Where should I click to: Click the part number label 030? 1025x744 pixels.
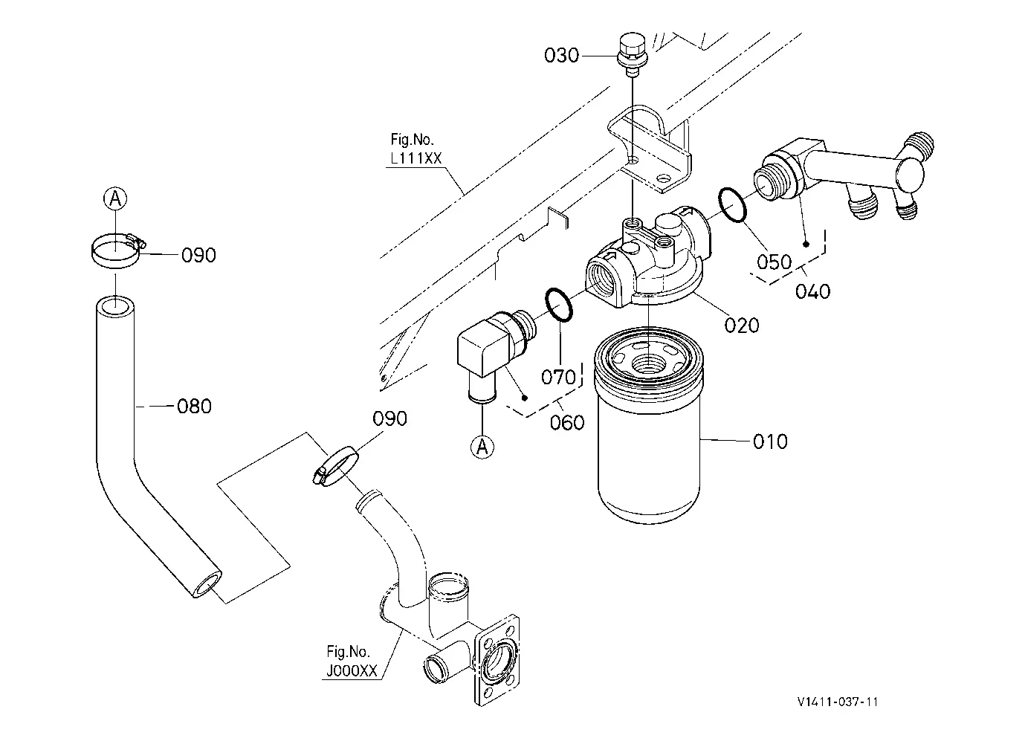click(x=561, y=55)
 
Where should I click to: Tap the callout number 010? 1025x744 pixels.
click(x=770, y=441)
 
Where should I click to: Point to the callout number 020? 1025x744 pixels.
click(x=742, y=326)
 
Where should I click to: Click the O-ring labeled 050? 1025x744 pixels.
click(x=732, y=205)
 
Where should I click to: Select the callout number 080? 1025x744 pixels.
click(x=195, y=407)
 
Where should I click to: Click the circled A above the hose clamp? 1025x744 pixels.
click(x=115, y=198)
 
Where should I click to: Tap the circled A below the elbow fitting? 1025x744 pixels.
click(x=482, y=447)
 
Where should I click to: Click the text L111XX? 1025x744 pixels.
click(x=416, y=158)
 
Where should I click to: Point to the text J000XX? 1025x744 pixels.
click(x=352, y=671)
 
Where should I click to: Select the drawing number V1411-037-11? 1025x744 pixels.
click(x=838, y=702)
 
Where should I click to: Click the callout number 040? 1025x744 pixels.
click(x=812, y=291)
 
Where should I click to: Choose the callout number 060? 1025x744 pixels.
click(x=567, y=422)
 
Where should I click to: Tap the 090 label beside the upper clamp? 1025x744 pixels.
click(x=198, y=256)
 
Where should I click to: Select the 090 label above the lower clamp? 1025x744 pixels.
click(x=390, y=418)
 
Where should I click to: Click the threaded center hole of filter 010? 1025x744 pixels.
click(x=649, y=364)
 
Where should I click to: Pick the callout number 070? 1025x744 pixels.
click(x=558, y=377)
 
